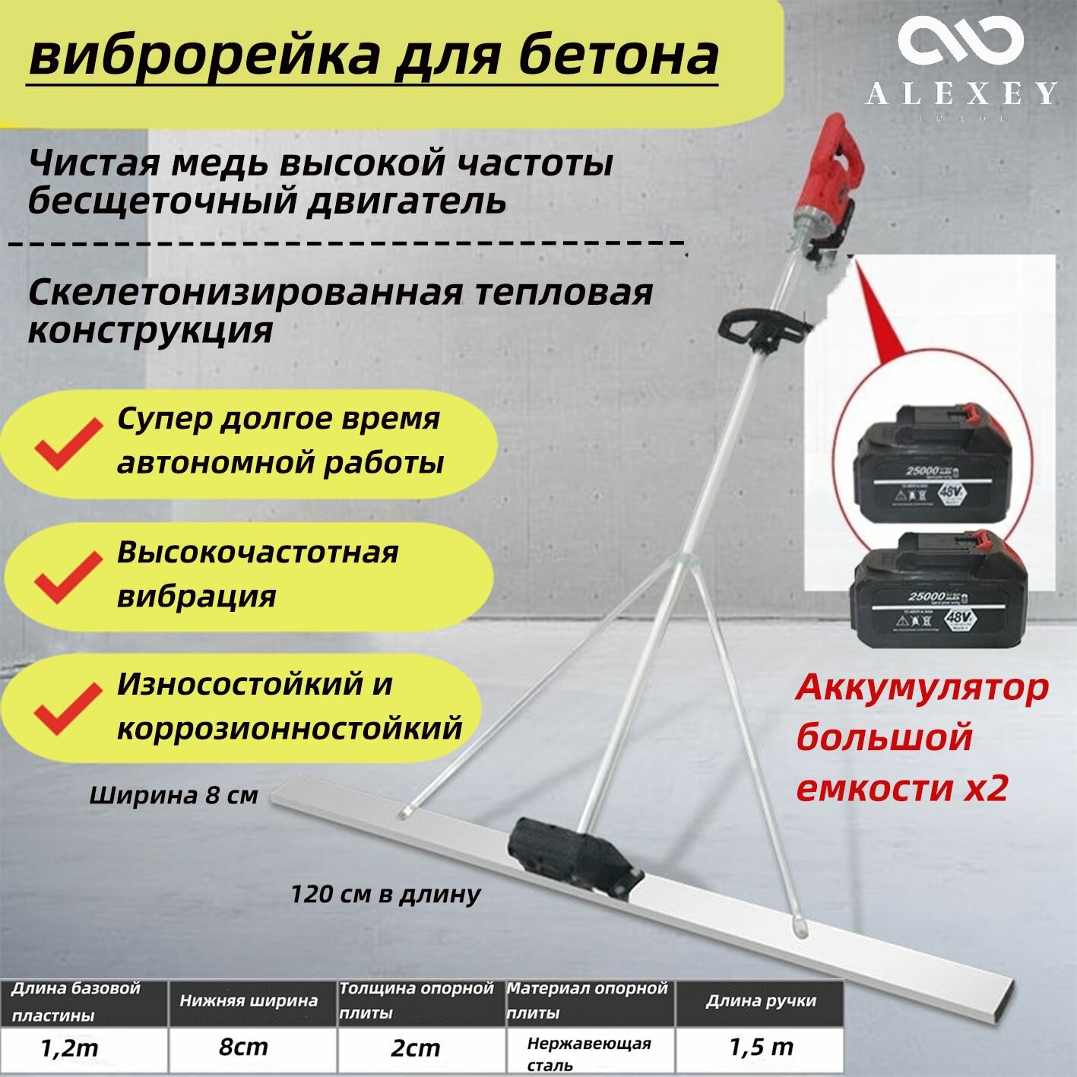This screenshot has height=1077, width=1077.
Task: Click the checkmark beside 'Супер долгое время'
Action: (x=68, y=443)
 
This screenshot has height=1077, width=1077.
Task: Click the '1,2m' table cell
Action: (x=69, y=1049)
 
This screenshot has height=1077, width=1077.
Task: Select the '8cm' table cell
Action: (x=243, y=1047)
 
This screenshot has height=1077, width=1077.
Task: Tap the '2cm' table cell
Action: (x=415, y=1049)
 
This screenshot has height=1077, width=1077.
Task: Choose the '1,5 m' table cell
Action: (x=760, y=1047)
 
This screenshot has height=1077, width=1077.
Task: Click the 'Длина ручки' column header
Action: (x=760, y=1001)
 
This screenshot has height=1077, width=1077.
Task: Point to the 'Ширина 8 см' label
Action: (x=173, y=796)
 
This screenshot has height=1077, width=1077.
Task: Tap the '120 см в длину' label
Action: (x=385, y=894)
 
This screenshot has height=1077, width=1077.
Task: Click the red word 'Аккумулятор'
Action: (x=922, y=689)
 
